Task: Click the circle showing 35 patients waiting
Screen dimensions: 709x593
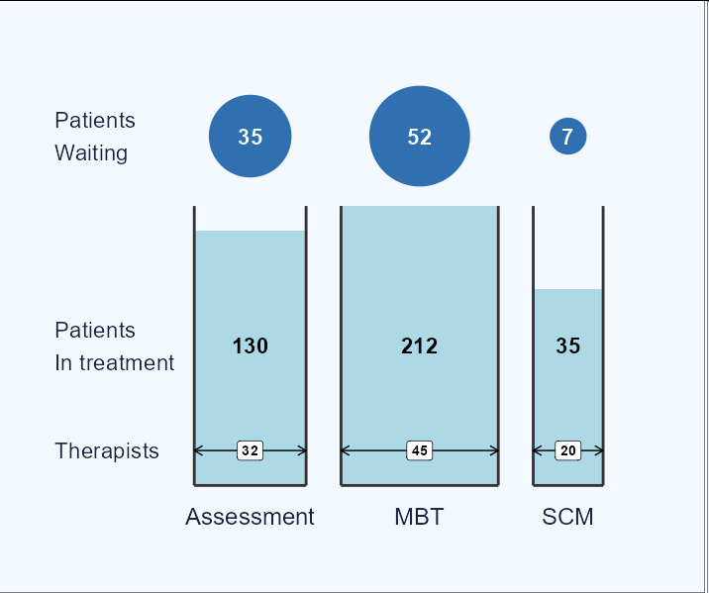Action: pos(251,136)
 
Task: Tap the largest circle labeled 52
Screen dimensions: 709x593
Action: pos(420,136)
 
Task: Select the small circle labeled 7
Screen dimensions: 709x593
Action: pos(568,136)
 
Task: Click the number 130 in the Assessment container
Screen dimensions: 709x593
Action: pos(251,346)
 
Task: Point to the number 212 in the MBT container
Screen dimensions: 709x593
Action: pos(420,346)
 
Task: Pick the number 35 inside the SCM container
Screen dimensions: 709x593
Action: pos(568,346)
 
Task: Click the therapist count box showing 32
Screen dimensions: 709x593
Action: pos(251,450)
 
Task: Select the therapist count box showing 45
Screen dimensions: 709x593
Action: pos(420,450)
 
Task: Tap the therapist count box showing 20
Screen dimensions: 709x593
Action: pos(568,450)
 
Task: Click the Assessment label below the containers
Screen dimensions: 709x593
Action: pos(250,517)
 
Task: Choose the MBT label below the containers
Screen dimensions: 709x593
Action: pos(419,517)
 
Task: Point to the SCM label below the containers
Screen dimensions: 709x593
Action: pos(568,517)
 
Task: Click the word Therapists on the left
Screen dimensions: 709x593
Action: pos(107,451)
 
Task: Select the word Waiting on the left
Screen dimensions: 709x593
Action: pos(91,153)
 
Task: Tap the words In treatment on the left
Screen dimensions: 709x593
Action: pos(115,362)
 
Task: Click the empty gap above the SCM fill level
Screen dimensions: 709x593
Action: pos(568,247)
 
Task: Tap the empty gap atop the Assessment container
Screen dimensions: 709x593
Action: pos(251,219)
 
